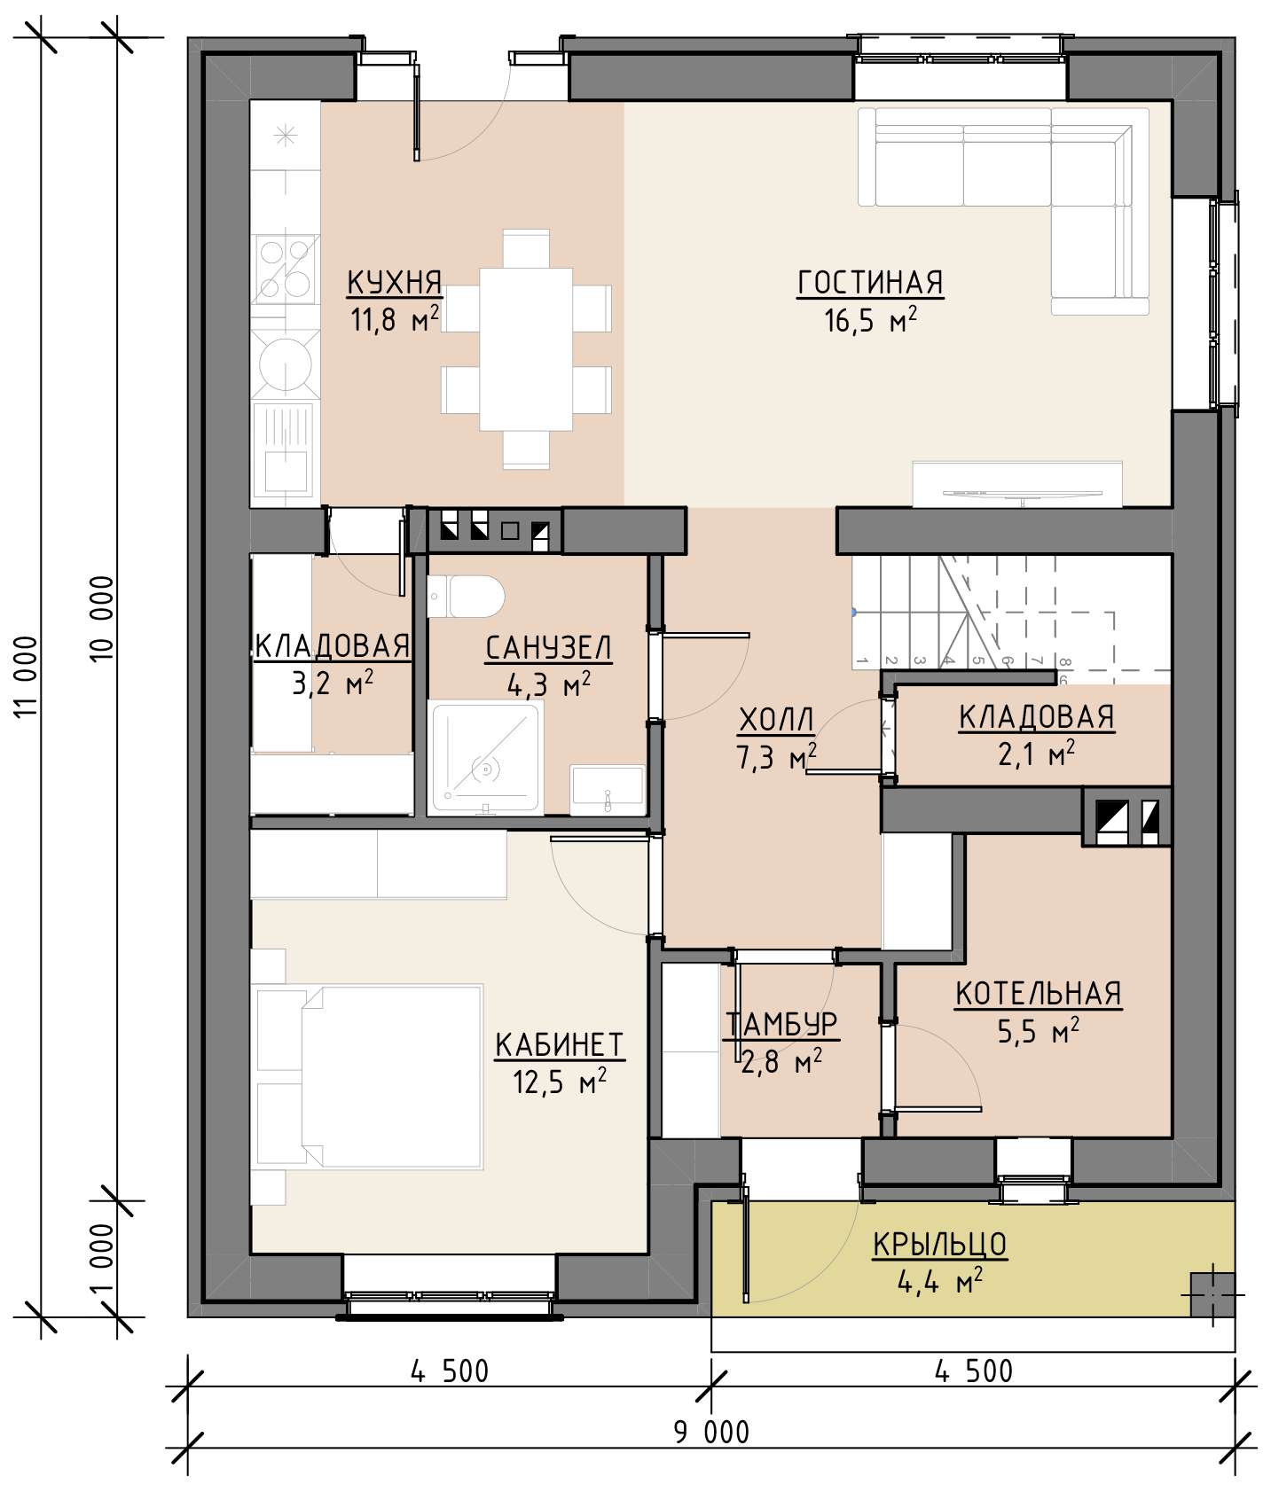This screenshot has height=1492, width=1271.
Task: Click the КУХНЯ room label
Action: (394, 283)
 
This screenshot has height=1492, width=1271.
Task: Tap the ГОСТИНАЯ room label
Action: (870, 283)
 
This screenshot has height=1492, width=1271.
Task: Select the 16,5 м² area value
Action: (870, 319)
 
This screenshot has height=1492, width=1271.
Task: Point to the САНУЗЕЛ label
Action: (548, 648)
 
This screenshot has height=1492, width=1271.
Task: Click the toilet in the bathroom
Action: (465, 596)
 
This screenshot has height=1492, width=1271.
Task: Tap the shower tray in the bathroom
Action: (485, 757)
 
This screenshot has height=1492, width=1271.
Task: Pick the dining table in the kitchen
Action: (526, 349)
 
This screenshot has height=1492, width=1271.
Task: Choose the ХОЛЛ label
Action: (776, 721)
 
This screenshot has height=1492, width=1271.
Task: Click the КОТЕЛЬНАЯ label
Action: (1038, 994)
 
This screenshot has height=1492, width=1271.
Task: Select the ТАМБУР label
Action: (781, 1024)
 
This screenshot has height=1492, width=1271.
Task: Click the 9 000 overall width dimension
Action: (711, 1431)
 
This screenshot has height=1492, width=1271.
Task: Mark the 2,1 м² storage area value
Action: (1036, 755)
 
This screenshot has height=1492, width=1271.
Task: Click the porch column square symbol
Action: (1212, 1293)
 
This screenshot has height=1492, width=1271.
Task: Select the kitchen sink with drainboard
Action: (285, 447)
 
